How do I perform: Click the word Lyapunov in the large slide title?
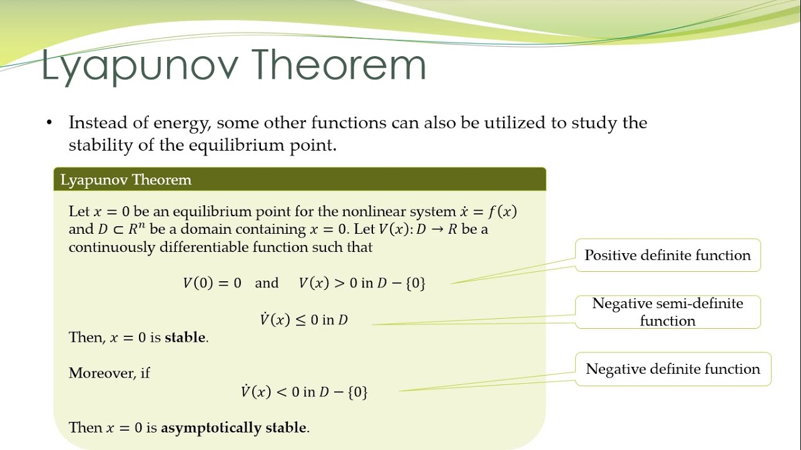[140, 66]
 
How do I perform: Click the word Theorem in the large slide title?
[340, 64]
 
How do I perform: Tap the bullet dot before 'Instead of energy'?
[49, 123]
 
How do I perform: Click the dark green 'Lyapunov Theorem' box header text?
[126, 179]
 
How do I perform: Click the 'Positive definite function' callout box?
[668, 255]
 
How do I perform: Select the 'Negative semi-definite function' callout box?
[668, 312]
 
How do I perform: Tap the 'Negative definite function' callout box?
[673, 369]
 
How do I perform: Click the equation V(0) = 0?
[212, 283]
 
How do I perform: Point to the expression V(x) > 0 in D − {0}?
[362, 283]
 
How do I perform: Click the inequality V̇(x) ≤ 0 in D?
[304, 319]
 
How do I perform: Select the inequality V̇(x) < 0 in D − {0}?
[304, 391]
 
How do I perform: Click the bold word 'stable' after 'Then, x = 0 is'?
[185, 337]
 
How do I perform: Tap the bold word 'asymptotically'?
[211, 428]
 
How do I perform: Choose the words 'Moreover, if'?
[109, 373]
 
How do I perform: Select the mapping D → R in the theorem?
[437, 229]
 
